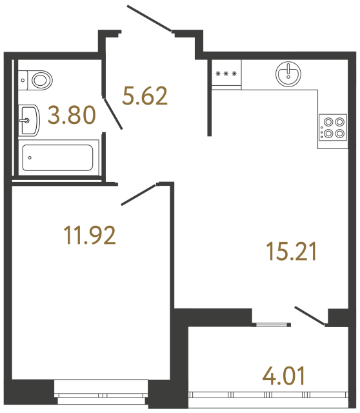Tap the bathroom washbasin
point(29,119)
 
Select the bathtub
point(57,157)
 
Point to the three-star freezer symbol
point(226,74)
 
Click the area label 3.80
point(72,116)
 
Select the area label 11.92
point(90,236)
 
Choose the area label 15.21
point(291,251)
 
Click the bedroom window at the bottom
point(101,387)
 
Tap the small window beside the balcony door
point(269,323)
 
